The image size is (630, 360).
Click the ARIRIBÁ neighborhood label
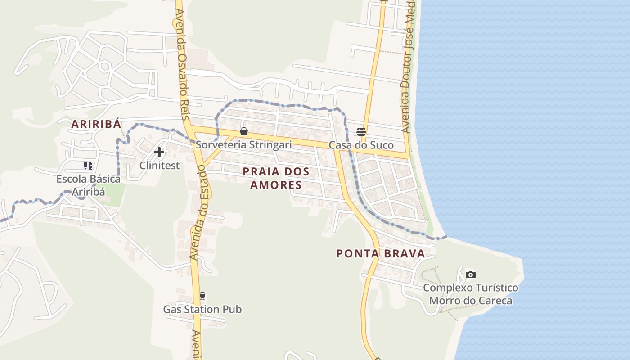(96, 125)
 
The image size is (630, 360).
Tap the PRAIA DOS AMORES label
(276, 178)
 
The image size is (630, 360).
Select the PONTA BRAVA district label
(381, 254)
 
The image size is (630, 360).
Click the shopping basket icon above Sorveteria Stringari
(243, 131)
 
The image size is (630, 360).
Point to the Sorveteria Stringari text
(243, 145)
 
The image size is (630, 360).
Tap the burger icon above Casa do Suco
(361, 131)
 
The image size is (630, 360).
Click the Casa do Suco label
(361, 145)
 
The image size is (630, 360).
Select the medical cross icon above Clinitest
(159, 152)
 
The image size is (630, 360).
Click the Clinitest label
(159, 166)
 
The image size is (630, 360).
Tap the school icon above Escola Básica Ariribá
(88, 166)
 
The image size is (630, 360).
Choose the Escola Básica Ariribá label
(88, 185)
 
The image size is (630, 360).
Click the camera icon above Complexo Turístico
(470, 274)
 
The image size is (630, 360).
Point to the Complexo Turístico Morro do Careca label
(470, 294)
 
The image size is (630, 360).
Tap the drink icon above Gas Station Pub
(202, 296)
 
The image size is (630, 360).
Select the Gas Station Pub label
(202, 310)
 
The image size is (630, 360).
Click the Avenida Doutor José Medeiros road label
(407, 67)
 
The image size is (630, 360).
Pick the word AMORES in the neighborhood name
(276, 185)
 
